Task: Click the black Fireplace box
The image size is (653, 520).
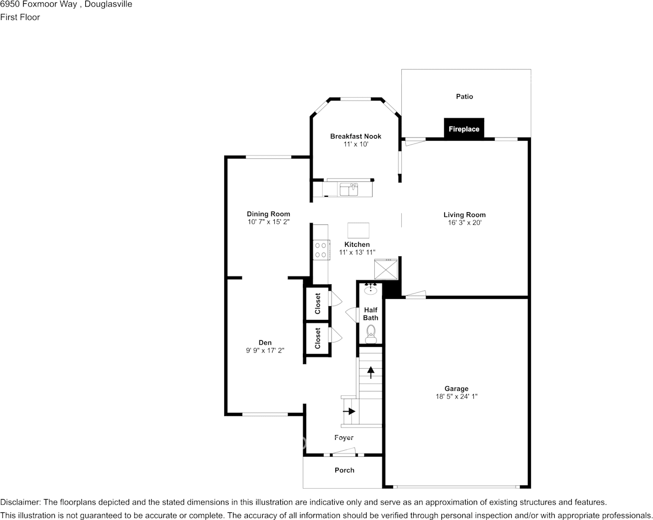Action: [x=464, y=129]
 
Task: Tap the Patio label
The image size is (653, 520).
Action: [x=464, y=96]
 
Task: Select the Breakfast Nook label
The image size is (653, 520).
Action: [x=355, y=136]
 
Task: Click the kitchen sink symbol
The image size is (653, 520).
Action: [x=348, y=190]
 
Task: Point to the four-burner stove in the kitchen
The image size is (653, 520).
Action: [x=321, y=250]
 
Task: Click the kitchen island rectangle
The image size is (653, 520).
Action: [x=358, y=230]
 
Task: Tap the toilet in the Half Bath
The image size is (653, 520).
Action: [x=372, y=333]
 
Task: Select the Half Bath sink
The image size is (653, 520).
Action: [x=371, y=290]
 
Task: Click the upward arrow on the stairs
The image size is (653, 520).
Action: [x=371, y=373]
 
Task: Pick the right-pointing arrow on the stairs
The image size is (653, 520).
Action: [x=349, y=411]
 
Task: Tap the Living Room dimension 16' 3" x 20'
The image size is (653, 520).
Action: [x=464, y=223]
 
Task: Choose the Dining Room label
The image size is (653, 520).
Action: [x=268, y=214]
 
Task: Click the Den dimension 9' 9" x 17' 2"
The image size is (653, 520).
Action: [x=265, y=350]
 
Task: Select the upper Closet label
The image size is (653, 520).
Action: [x=318, y=303]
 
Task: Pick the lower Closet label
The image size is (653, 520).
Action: [x=318, y=339]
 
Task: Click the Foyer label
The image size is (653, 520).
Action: [x=344, y=438]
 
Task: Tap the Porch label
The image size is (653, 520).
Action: [x=345, y=470]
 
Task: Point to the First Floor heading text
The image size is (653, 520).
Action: [x=20, y=17]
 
